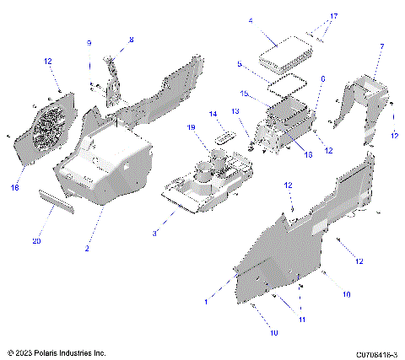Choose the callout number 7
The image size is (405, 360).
381,46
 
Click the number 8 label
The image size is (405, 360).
131,40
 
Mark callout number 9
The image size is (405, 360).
89,43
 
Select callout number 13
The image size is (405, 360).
235,110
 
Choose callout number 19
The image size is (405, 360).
192,127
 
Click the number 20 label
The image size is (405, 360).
36,241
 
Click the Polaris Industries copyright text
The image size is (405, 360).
56,352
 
